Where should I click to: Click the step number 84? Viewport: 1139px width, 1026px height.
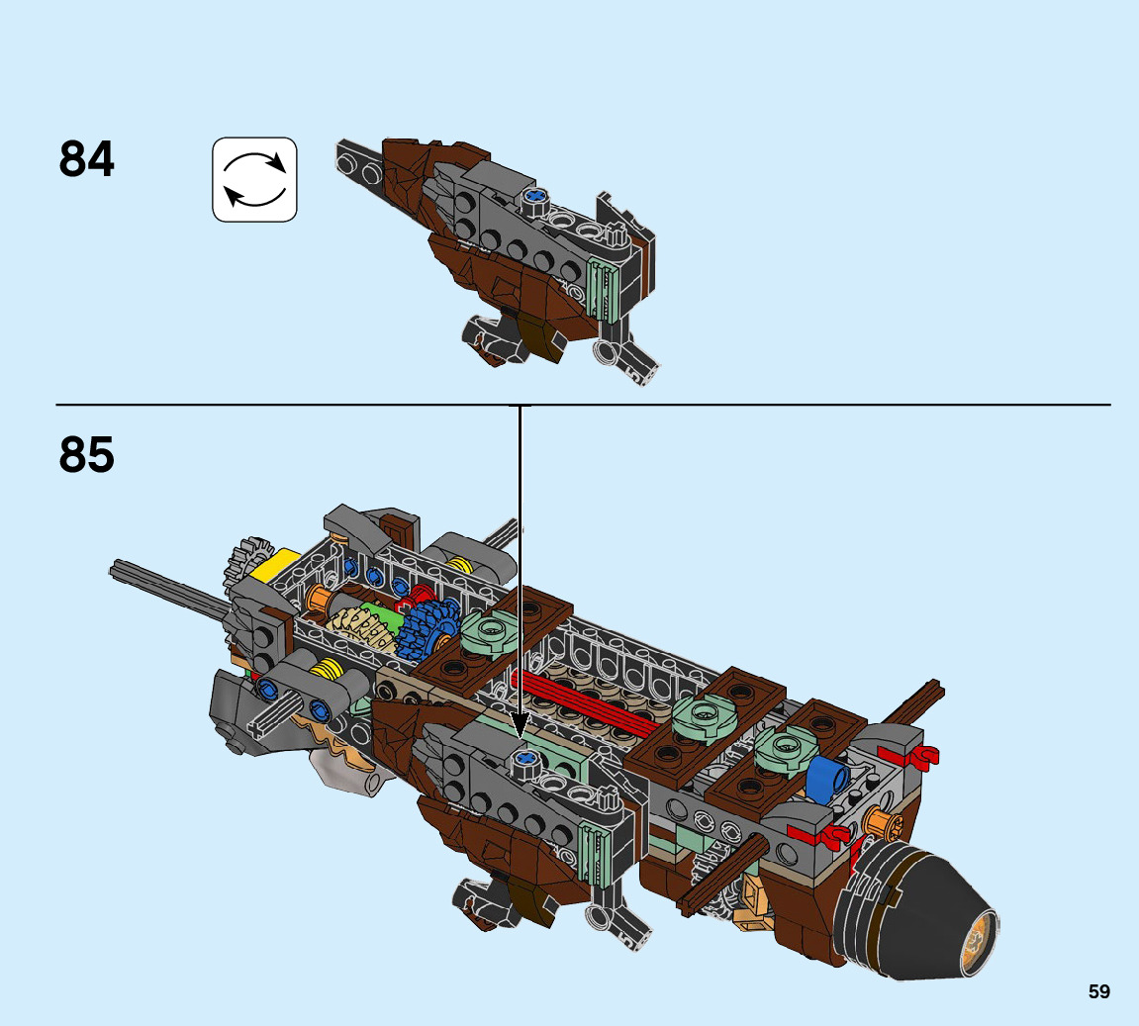(87, 159)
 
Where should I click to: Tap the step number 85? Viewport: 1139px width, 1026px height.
(87, 454)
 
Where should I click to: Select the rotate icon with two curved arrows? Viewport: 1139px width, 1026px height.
(254, 179)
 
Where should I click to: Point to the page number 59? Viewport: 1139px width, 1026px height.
(1098, 991)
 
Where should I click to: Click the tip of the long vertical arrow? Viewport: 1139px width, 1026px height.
(520, 733)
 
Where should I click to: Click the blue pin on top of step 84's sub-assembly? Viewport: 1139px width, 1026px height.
(535, 197)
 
